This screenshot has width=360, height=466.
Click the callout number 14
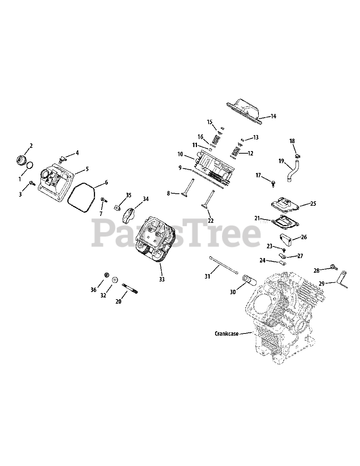pos(273,116)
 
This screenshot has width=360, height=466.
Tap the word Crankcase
pos(226,333)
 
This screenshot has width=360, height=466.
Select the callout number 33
pos(162,279)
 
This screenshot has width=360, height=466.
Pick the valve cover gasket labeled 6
pos(81,198)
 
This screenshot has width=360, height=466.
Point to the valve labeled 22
pos(207,199)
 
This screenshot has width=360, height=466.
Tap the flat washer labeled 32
pos(115,280)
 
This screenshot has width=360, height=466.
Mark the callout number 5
pos(87,169)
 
